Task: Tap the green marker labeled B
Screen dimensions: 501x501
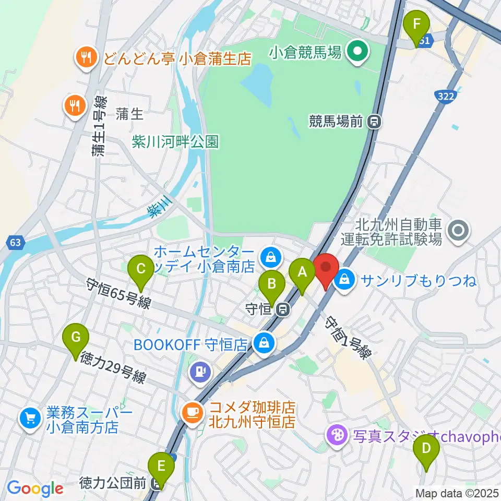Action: [x=272, y=284]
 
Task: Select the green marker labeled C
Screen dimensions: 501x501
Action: [x=141, y=269]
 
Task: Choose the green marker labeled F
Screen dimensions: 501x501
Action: [x=416, y=25]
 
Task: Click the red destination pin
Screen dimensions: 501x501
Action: [x=326, y=268]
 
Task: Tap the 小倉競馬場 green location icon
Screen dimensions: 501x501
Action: [x=357, y=51]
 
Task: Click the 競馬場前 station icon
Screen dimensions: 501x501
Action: [x=374, y=123]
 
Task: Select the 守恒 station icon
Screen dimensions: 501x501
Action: [x=282, y=309]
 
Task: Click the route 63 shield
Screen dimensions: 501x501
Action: [x=16, y=242]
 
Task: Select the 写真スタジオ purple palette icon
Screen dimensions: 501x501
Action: [x=337, y=435]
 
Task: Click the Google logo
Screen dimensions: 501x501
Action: [x=35, y=488]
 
